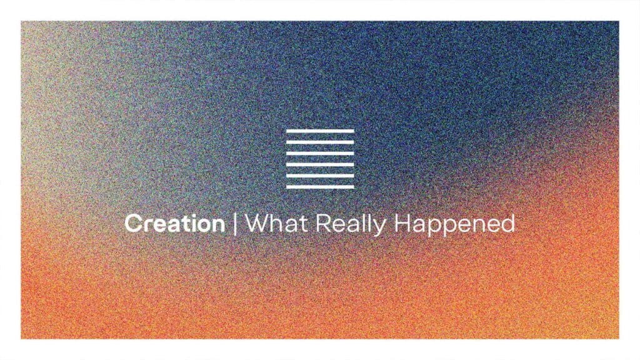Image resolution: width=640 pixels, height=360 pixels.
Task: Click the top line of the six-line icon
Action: (320, 131)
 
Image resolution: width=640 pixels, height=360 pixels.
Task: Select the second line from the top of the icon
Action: (320, 142)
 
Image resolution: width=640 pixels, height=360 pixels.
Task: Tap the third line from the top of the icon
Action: (320, 154)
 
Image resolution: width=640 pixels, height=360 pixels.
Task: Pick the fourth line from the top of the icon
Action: (320, 164)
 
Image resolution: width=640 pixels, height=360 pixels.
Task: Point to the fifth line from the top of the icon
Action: (320, 176)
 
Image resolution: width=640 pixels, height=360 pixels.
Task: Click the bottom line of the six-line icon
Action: (320, 186)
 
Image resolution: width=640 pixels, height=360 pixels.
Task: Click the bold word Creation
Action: (175, 223)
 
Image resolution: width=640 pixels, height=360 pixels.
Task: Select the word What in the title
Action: (276, 223)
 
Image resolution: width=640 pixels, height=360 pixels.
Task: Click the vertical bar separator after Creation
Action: (235, 224)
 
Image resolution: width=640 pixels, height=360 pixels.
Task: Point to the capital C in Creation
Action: (134, 223)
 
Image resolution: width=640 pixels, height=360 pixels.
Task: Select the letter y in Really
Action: (379, 228)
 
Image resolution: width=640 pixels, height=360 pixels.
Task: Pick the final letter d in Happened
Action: (508, 223)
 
